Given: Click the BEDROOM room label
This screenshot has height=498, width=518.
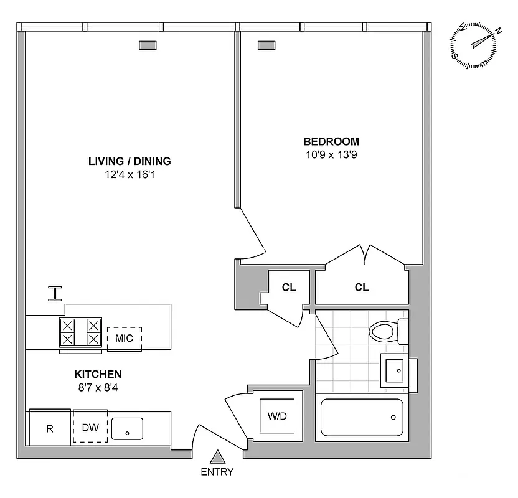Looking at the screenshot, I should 331,141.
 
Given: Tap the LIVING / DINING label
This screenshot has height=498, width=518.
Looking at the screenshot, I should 129,161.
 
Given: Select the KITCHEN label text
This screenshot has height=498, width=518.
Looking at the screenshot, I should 98,374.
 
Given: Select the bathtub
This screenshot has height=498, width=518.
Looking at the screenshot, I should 362,418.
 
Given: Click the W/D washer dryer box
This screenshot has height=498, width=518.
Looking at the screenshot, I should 277,416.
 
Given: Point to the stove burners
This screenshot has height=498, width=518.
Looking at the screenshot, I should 80,332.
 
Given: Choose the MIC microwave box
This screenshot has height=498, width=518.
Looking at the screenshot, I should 124,338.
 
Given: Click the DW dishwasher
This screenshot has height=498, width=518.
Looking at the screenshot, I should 90,427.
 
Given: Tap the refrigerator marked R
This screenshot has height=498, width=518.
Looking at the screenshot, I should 50,428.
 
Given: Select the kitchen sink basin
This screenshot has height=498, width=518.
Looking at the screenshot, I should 127,428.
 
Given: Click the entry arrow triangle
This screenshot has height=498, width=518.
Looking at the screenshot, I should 217,458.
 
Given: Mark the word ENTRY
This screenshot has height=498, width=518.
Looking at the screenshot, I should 217,472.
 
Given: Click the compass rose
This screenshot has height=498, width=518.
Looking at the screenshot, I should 474,45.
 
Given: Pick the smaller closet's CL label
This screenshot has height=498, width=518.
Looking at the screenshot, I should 289,288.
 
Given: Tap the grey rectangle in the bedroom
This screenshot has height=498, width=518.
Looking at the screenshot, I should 266,45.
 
